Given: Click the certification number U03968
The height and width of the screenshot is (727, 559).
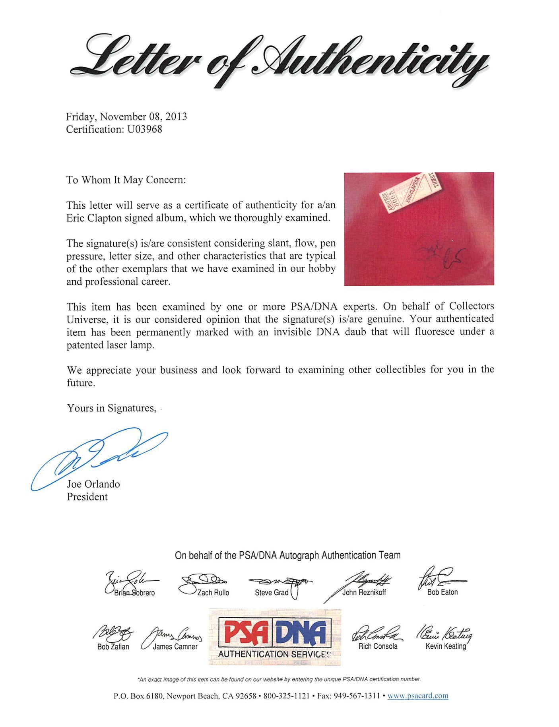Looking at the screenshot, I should click(x=144, y=130).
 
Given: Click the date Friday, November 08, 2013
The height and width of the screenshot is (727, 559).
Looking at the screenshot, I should click(x=126, y=117).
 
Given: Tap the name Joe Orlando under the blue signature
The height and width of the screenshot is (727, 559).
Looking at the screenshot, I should click(x=93, y=484).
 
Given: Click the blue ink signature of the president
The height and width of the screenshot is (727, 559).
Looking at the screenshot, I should click(x=99, y=457).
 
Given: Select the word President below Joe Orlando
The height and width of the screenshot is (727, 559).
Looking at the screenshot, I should click(x=87, y=497).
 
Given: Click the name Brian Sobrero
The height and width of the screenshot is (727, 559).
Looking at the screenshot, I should click(x=134, y=593).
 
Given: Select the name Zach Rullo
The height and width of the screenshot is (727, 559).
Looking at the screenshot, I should click(x=213, y=593).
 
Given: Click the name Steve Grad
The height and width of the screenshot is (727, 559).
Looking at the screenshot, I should click(x=272, y=593).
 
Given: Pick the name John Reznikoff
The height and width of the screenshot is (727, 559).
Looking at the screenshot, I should click(x=364, y=592).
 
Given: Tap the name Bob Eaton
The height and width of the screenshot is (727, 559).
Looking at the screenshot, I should click(x=442, y=592).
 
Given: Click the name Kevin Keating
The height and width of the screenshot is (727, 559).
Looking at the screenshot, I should click(x=445, y=646).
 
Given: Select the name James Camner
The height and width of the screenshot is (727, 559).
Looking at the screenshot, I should click(x=175, y=647).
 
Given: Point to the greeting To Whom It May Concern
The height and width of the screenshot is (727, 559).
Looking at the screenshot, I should click(x=126, y=180).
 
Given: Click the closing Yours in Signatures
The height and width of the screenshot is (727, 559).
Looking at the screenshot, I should click(x=112, y=408).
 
